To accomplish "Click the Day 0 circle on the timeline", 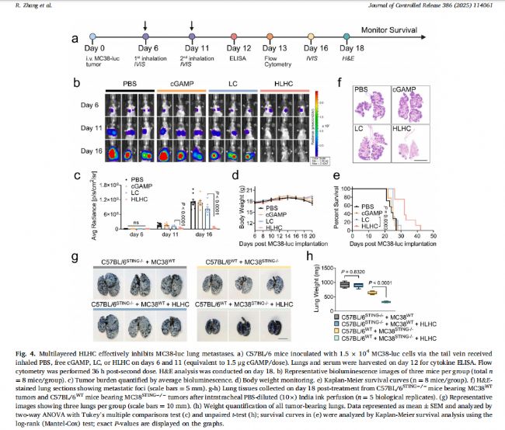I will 93,37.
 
